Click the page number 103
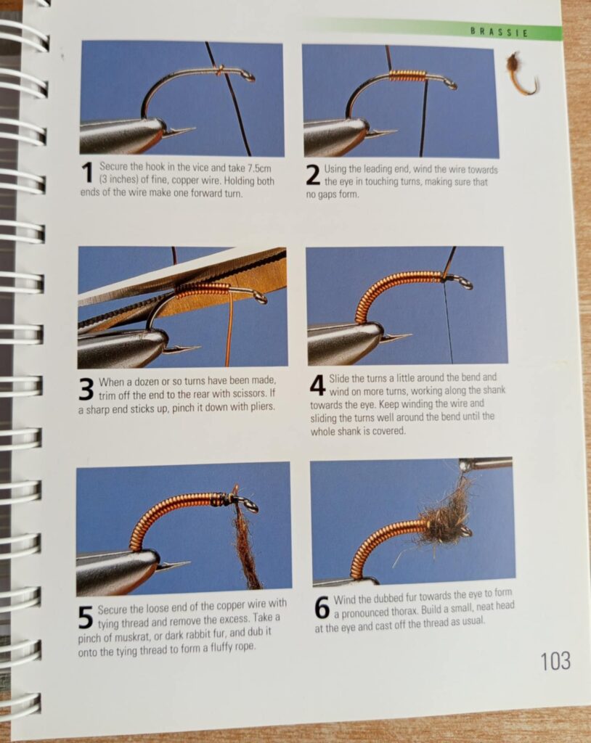click(555, 660)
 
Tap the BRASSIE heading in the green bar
click(499, 32)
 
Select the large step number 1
click(87, 173)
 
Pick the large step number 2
click(313, 175)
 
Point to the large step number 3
click(86, 390)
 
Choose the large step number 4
click(318, 385)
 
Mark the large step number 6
click(322, 608)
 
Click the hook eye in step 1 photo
click(248, 75)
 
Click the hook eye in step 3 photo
click(260, 297)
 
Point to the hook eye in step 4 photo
click(465, 284)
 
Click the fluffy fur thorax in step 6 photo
click(444, 519)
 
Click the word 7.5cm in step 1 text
click(259, 168)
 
